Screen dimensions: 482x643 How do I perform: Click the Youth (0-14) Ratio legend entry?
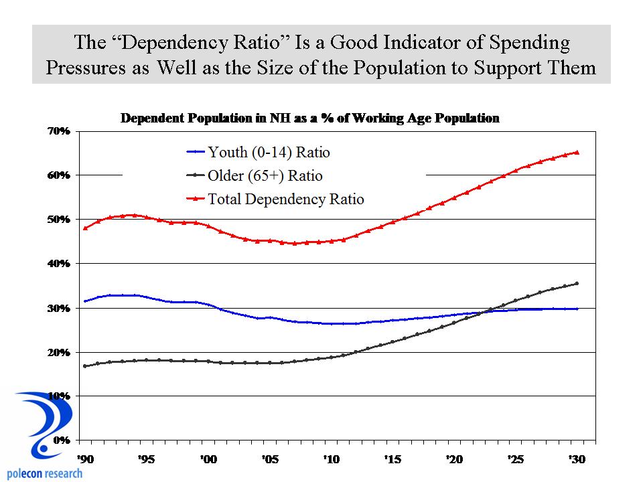(x=269, y=153)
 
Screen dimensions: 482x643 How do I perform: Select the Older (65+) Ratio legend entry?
(x=265, y=176)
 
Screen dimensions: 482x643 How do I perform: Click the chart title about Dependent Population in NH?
(x=309, y=118)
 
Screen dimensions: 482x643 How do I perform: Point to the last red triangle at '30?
(x=577, y=152)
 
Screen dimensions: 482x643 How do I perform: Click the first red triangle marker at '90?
(x=84, y=228)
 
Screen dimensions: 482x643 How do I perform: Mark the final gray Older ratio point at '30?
(x=577, y=283)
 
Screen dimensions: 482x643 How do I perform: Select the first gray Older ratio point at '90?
(x=84, y=366)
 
